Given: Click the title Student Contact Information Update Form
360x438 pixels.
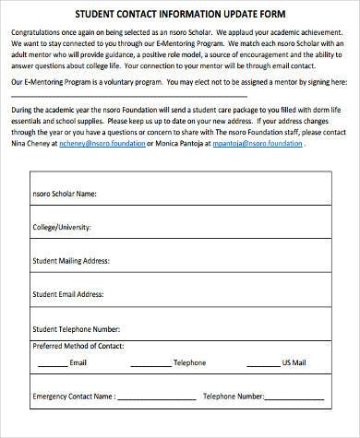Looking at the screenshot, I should click(x=180, y=15).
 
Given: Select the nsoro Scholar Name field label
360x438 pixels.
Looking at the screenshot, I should click(x=65, y=195).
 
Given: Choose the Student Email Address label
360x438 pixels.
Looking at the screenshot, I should click(x=67, y=294).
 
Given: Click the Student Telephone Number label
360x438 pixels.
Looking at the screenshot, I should click(x=76, y=328).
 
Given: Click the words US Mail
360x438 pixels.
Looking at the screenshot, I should click(x=295, y=362).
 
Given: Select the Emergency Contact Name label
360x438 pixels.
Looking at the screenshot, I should click(x=74, y=397).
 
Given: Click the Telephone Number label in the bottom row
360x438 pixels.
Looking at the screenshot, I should click(x=234, y=397).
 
